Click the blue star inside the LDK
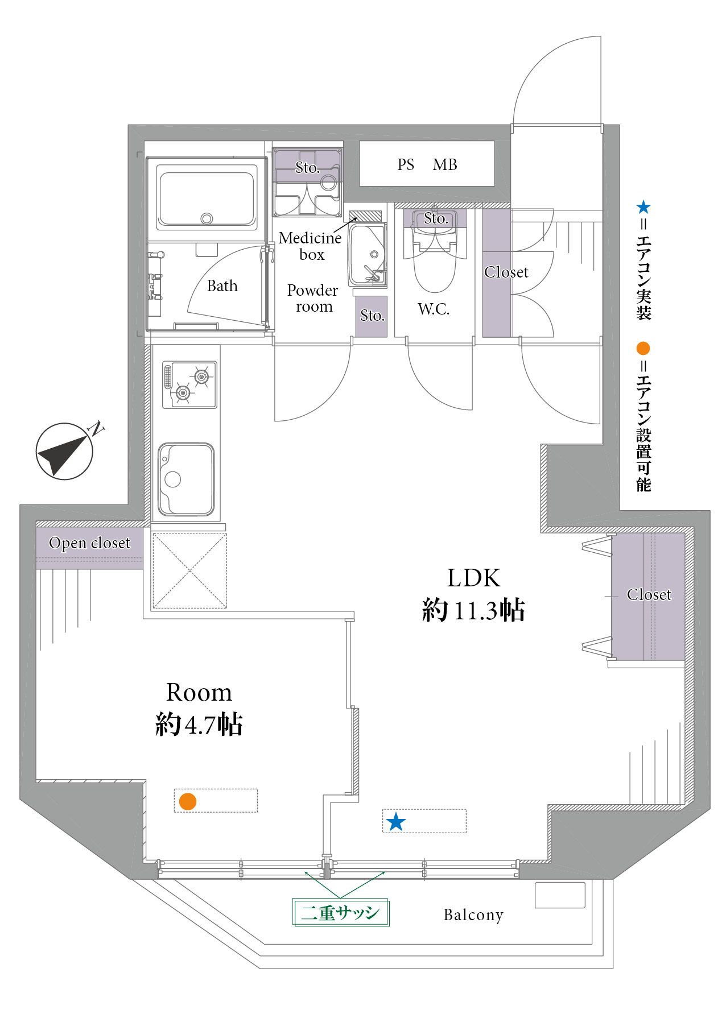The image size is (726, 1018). (x=396, y=822)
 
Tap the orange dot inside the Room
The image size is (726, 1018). (x=188, y=801)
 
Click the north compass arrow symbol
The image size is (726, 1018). (x=64, y=452)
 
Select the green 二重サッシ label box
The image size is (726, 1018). (x=341, y=913)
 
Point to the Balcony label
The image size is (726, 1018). (x=473, y=915)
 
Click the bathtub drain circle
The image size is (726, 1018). (x=207, y=218)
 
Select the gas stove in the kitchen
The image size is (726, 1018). (x=189, y=384)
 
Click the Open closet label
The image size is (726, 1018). (x=89, y=543)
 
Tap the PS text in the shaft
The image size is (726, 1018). (x=406, y=165)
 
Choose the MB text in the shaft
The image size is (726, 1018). (x=445, y=165)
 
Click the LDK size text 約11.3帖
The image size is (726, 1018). (x=473, y=610)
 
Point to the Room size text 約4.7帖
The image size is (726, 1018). (x=199, y=725)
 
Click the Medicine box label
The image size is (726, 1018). (x=311, y=246)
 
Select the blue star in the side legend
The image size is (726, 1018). (x=643, y=207)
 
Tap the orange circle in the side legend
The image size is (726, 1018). (x=643, y=348)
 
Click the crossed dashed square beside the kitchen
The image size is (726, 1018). (x=189, y=570)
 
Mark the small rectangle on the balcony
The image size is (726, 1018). (x=560, y=895)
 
